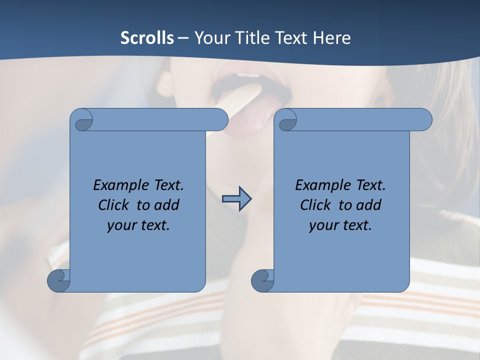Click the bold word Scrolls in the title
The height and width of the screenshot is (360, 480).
[x=147, y=38]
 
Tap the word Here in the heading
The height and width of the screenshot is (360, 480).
[x=331, y=38]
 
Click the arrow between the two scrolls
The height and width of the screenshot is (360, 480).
[x=236, y=198]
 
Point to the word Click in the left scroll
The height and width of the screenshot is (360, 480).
[x=113, y=205]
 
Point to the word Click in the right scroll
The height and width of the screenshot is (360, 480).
[x=315, y=205]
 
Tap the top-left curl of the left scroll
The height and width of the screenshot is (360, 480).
[x=82, y=120]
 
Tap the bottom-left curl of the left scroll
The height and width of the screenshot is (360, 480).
[x=58, y=281]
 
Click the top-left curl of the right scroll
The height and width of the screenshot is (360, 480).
[x=286, y=120]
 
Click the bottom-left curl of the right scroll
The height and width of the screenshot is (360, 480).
[x=262, y=281]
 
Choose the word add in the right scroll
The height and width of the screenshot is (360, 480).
[x=369, y=205]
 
